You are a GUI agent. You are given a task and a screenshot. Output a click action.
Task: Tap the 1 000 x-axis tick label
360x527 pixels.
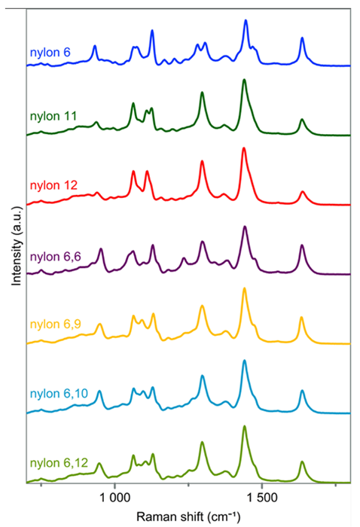pos(114,499)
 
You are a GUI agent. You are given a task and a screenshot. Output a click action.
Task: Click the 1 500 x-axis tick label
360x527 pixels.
pos(262,499)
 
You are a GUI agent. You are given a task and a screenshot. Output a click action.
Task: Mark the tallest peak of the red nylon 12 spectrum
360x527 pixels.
pos(243,148)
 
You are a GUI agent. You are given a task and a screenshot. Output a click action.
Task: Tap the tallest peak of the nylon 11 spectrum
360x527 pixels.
pos(243,80)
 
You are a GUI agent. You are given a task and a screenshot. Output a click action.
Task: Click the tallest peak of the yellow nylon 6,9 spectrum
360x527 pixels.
pos(244,289)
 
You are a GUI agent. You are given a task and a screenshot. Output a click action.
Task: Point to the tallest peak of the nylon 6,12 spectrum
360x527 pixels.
pos(244,427)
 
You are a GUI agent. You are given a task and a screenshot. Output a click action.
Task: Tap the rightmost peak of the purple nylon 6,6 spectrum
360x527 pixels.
pos(302,245)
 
